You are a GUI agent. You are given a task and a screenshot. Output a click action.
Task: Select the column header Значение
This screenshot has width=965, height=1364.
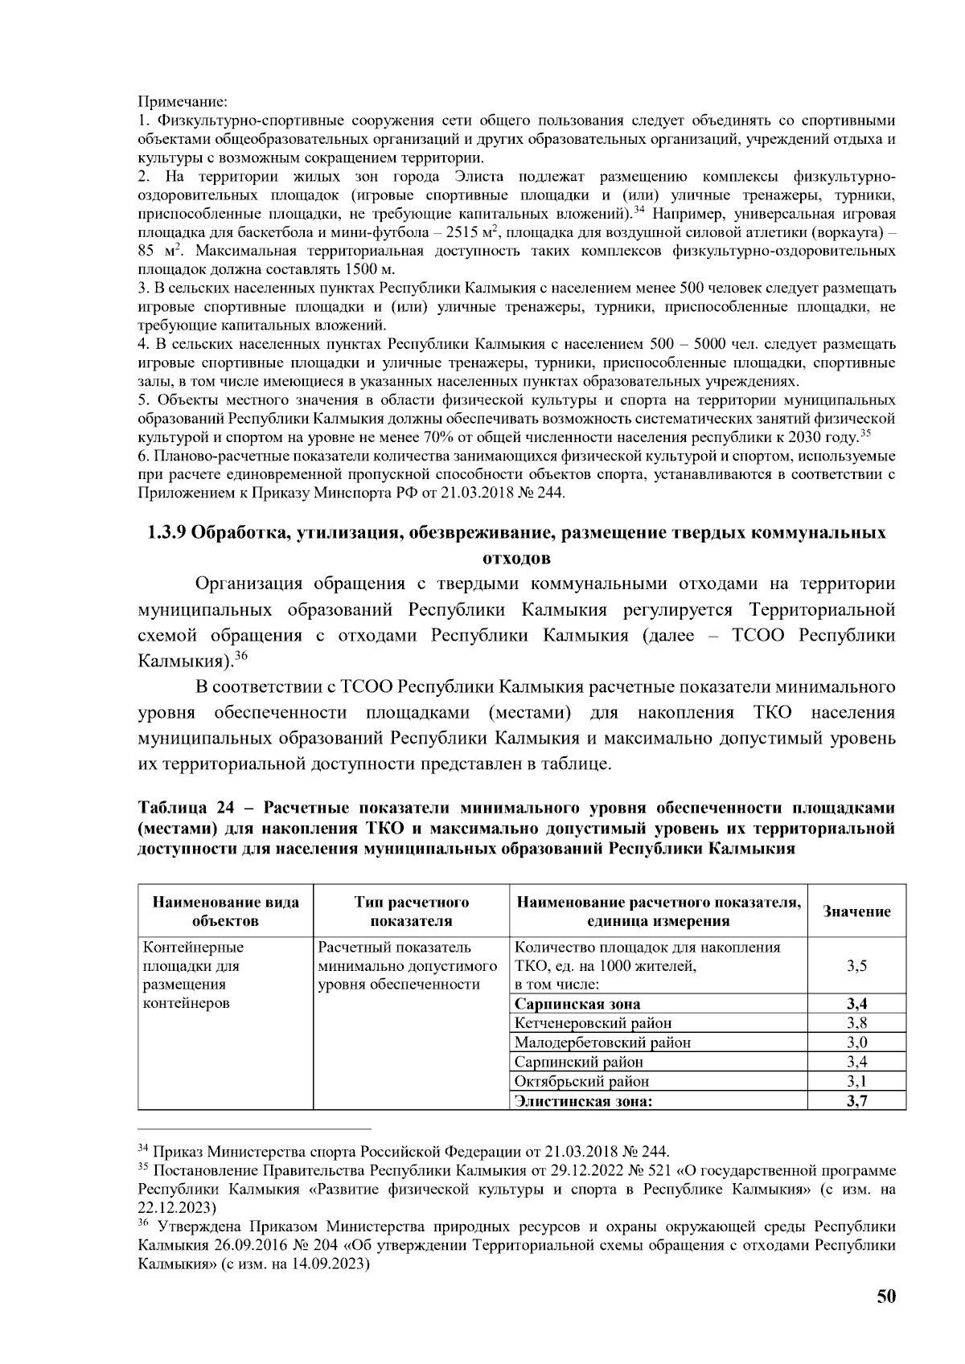(x=856, y=911)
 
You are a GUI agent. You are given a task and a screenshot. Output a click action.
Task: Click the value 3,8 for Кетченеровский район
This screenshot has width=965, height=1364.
(x=856, y=1023)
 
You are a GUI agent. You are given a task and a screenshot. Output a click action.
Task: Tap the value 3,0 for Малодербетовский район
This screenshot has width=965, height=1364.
(x=856, y=1042)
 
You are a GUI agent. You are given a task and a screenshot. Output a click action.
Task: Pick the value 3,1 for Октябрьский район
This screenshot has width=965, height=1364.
(x=856, y=1082)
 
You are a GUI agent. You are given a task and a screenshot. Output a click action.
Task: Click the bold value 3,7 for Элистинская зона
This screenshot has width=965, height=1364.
(x=856, y=1101)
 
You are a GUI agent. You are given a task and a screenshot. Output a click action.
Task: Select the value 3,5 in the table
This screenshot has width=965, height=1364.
(x=856, y=966)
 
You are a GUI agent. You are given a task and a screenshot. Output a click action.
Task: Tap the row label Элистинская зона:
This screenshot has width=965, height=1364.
(x=583, y=1101)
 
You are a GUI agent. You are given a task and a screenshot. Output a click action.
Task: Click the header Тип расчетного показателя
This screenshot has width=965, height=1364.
(x=411, y=911)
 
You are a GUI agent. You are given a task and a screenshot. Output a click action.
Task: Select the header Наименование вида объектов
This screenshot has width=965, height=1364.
(x=225, y=911)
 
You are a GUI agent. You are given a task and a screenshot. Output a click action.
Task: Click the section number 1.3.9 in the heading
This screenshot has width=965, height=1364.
(x=166, y=533)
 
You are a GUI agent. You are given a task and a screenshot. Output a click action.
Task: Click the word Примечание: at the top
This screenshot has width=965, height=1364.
(x=183, y=102)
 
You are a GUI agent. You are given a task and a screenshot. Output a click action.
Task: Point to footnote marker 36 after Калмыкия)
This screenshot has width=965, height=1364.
(x=240, y=655)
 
